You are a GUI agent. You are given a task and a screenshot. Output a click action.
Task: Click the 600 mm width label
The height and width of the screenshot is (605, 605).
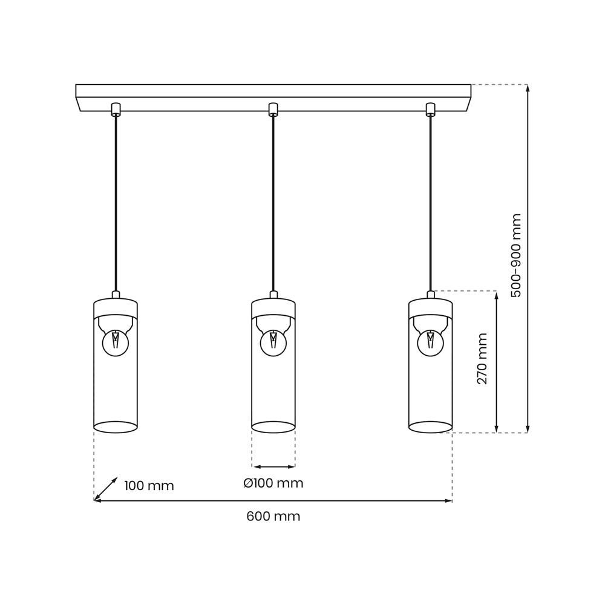273,517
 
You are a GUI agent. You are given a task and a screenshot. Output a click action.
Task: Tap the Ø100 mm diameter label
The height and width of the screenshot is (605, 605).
273,483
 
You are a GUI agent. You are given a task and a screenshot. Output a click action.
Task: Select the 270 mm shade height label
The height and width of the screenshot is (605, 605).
482,359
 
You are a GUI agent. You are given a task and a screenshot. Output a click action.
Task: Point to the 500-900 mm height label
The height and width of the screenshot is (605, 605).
515,255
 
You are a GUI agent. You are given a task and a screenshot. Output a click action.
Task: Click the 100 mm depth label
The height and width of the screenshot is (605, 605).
149,486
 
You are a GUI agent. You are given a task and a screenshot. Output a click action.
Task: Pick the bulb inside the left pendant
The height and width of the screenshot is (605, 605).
116,343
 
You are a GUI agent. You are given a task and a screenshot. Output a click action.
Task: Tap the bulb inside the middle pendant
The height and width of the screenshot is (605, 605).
273,343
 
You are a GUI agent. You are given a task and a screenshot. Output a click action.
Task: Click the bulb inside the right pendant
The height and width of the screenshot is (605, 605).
430,343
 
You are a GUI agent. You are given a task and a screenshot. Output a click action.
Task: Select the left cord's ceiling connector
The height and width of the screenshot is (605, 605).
116,110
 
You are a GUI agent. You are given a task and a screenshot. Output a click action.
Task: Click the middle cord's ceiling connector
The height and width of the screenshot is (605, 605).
273,110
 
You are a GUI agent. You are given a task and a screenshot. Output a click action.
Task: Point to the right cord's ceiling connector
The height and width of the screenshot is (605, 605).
430,110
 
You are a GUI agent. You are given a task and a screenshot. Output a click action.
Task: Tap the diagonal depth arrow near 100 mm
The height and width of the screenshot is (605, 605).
106,489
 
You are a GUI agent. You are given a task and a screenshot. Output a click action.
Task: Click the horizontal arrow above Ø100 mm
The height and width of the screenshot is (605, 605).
273,466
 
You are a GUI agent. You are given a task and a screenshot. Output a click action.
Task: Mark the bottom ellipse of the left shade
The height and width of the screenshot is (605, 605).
116,427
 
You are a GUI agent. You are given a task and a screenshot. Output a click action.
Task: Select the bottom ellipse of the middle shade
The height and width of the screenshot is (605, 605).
273,427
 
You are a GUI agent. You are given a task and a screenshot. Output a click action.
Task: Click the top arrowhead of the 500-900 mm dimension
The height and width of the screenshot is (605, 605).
528,88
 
